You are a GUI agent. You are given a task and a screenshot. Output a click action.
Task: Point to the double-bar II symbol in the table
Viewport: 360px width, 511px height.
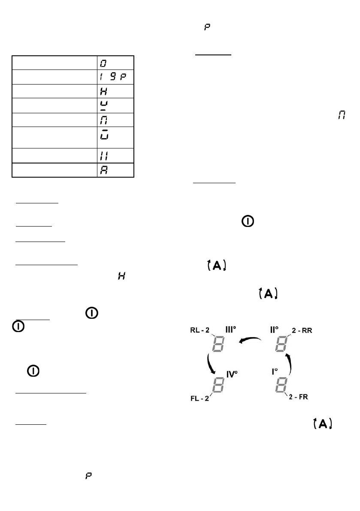click(x=103, y=155)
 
